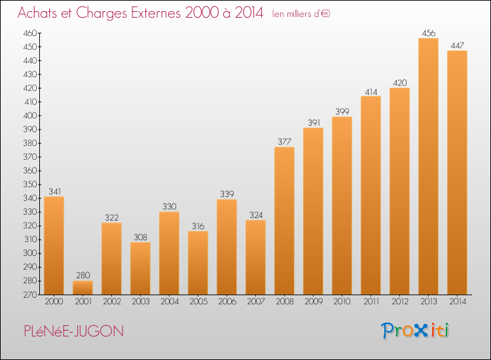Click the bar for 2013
pyautogui.click(x=428, y=166)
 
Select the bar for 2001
pyautogui.click(x=82, y=287)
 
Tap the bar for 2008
pyautogui.click(x=284, y=221)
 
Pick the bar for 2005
pyautogui.click(x=198, y=262)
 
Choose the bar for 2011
pyautogui.click(x=371, y=195)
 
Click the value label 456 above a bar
pyautogui.click(x=428, y=33)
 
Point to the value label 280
pyautogui.click(x=82, y=276)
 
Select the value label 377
pyautogui.click(x=284, y=141)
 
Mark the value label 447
pyautogui.click(x=457, y=45)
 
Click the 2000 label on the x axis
pyautogui.click(x=54, y=302)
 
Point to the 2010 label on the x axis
pyautogui.click(x=342, y=302)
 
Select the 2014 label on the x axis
pyautogui.click(x=457, y=302)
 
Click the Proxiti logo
pyautogui.click(x=416, y=331)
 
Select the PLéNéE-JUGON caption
pyautogui.click(x=71, y=331)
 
